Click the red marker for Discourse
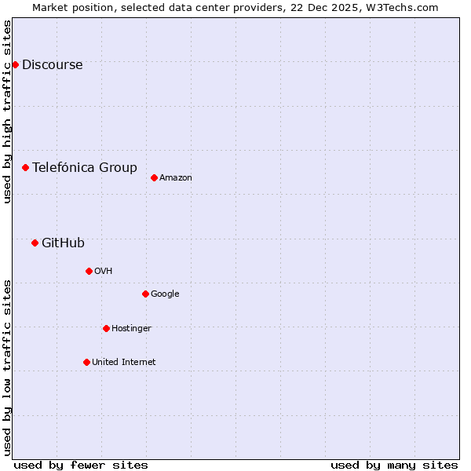15,64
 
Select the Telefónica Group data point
25,167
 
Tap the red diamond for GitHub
35,243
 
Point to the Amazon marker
154,177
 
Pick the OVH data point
89,271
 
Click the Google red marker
145,294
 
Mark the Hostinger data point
106,328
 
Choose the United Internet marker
86,362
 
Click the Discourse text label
52,65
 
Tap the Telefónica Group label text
84,167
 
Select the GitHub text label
63,243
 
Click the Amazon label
176,178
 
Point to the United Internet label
123,363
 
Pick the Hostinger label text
131,329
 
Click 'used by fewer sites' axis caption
81,466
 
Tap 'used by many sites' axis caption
394,466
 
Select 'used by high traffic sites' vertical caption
8,111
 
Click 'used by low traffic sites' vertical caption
8,367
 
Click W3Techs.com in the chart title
405,8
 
